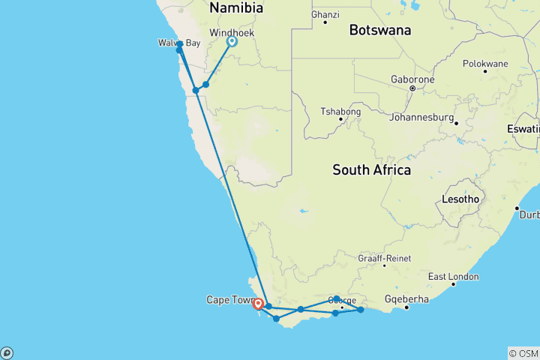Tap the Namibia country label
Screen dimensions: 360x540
236,8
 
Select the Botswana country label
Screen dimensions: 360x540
379,31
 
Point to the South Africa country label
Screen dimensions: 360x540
371,170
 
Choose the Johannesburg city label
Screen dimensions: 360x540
421,118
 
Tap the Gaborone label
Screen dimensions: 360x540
412,79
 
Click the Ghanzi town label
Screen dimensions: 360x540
325,14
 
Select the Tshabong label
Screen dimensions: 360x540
340,112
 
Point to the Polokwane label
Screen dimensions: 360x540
484,63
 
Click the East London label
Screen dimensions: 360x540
453,277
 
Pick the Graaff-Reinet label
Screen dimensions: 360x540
384,258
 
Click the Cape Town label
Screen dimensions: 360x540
229,300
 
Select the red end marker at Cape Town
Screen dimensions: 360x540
258,304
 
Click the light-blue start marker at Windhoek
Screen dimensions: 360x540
232,42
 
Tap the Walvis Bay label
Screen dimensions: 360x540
178,43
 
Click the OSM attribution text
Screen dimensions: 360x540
523,353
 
